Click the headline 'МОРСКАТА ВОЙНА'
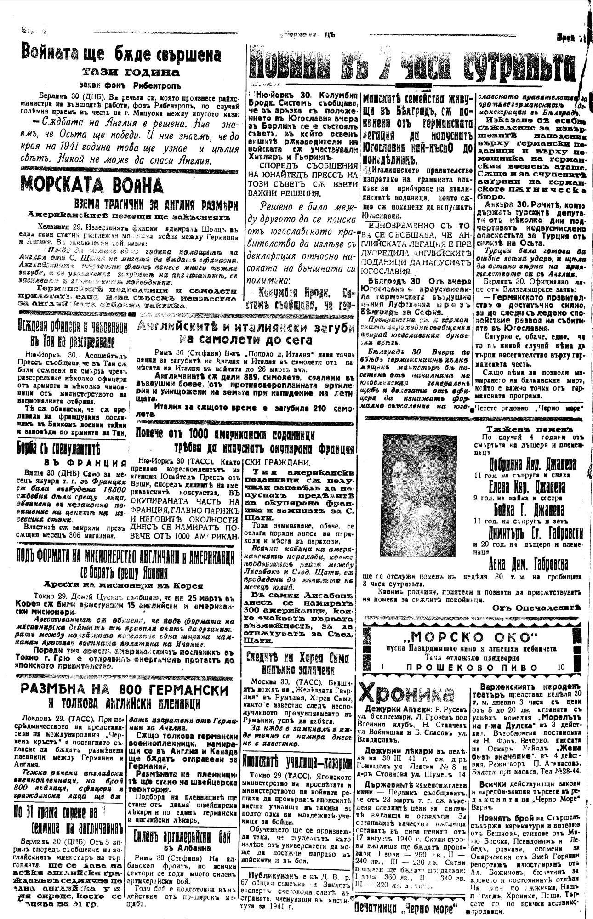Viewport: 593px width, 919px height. coord(92,185)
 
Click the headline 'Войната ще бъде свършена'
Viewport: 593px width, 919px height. coord(121,54)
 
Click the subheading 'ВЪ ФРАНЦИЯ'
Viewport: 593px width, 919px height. coord(85,463)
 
